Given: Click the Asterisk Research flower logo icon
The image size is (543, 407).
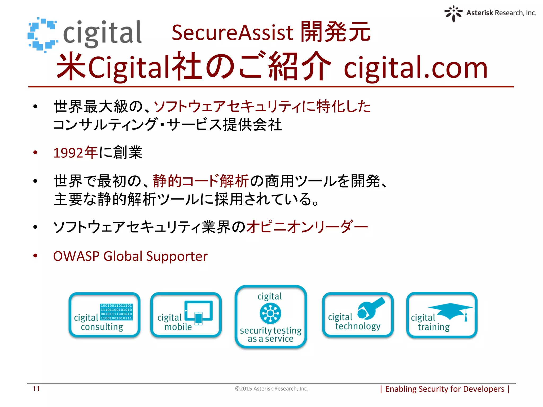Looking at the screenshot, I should [453, 13].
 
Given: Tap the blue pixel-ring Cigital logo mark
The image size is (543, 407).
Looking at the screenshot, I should [42, 34].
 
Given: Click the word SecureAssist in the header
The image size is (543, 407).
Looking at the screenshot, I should [232, 33].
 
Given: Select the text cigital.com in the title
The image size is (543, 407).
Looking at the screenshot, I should [415, 68].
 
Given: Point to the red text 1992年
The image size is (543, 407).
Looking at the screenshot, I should [76, 153].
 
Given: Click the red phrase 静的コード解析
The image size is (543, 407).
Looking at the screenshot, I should [201, 181].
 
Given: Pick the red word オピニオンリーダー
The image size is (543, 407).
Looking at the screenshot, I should [307, 227].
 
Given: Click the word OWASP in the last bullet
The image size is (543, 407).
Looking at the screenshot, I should [76, 256].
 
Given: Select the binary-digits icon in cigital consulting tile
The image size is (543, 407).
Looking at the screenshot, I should [116, 312].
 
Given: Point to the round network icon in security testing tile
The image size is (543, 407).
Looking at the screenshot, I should [270, 313].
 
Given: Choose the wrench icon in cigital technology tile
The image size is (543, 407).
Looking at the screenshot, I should [370, 308].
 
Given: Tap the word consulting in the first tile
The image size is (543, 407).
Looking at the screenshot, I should [102, 327].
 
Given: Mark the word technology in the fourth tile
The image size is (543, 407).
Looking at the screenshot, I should [358, 326].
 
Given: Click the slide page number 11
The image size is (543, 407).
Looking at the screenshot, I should [36, 389].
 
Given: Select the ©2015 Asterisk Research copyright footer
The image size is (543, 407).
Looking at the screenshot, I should [271, 389].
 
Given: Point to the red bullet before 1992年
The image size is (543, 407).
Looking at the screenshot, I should [35, 152].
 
